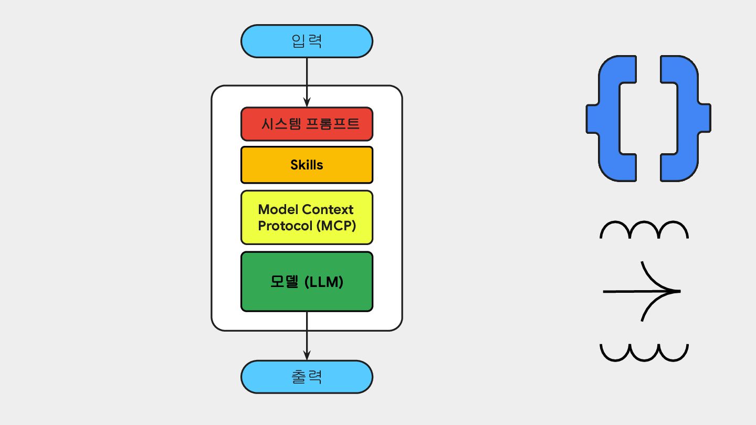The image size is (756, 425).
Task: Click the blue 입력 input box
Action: [x=307, y=41]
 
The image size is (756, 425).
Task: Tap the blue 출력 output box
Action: [x=307, y=377]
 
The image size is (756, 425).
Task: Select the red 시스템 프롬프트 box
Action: [x=307, y=124]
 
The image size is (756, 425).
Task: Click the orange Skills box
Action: [x=307, y=165]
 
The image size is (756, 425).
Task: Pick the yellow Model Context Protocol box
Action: [x=307, y=218]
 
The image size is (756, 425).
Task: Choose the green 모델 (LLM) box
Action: [x=307, y=282]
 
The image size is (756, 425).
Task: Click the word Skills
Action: [x=307, y=165]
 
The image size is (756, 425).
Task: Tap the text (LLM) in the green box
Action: [x=324, y=282]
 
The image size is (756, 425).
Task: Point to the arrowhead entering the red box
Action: [x=307, y=102]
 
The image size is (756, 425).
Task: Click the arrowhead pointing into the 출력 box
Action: [x=307, y=355]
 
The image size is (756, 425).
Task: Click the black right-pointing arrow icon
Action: [x=642, y=291]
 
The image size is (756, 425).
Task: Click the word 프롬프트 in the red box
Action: [x=333, y=124]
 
